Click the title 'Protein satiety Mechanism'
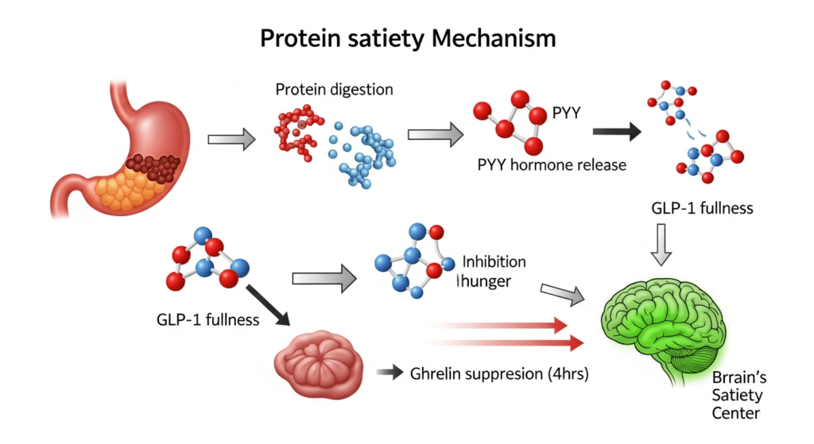pyautogui.click(x=407, y=38)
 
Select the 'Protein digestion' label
pyautogui.click(x=334, y=89)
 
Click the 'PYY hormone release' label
pyautogui.click(x=552, y=165)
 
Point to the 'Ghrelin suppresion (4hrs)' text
pyautogui.click(x=498, y=373)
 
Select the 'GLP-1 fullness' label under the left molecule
pyautogui.click(x=207, y=320)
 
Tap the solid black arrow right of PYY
pyautogui.click(x=617, y=132)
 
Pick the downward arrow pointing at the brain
pyautogui.click(x=661, y=244)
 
